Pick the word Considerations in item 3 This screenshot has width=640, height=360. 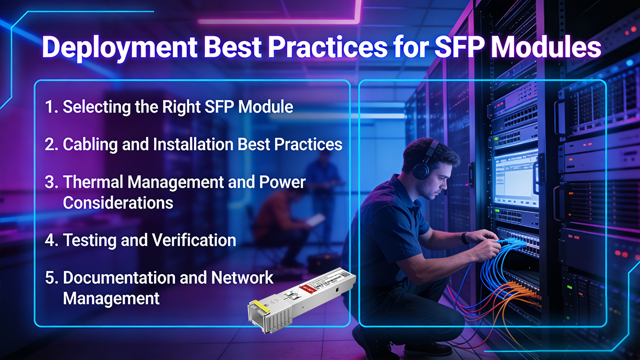118,202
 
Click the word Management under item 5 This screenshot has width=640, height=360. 111,298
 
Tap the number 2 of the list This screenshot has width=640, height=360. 50,145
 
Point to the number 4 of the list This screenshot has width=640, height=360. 51,240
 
